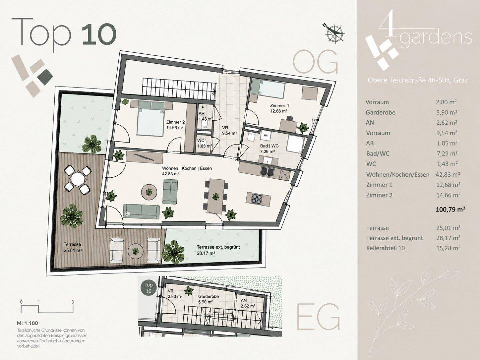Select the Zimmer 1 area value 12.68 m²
click(279, 111)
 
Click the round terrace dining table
click(78, 179)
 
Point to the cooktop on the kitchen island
click(257, 199)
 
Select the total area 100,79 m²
click(450, 210)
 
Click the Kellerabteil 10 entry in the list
click(386, 248)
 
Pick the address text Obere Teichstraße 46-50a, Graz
click(418, 80)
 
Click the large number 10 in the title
click(99, 34)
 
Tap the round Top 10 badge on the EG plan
click(148, 288)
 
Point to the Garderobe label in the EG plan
click(208, 297)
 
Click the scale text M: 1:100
click(28, 323)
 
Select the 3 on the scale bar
click(73, 302)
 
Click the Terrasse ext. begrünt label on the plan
click(218, 247)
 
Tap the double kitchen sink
click(267, 171)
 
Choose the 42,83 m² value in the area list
click(448, 174)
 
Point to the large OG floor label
click(315, 62)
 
